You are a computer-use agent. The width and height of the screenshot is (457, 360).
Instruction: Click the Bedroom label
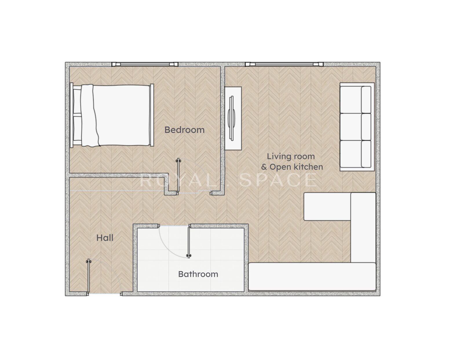click(184, 130)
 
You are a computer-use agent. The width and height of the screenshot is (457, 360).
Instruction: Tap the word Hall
click(105, 238)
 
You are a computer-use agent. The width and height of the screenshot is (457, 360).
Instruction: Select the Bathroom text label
click(198, 274)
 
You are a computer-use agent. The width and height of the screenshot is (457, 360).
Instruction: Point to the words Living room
click(291, 157)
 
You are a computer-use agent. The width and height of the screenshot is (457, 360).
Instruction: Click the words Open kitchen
click(296, 167)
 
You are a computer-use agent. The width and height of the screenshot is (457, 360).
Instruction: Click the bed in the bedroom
click(112, 115)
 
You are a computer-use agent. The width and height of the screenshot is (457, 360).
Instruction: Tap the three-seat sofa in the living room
click(357, 127)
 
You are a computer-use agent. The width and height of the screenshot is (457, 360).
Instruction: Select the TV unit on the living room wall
click(233, 118)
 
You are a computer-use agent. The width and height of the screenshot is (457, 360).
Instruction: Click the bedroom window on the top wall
click(145, 64)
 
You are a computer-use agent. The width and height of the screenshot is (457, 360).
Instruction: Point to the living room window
click(284, 64)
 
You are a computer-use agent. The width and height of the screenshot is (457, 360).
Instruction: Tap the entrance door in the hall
click(89, 277)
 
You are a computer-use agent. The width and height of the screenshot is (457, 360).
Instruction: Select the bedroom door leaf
click(178, 176)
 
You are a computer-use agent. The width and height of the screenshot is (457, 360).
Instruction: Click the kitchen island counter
click(327, 207)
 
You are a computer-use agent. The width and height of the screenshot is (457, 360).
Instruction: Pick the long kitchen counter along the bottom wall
click(312, 277)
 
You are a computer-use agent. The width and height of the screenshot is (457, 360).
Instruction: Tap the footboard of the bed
click(152, 115)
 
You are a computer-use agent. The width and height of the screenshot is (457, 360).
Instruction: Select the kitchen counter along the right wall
click(363, 228)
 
